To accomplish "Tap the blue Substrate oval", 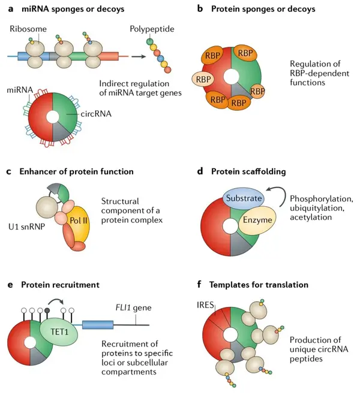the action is [244, 198].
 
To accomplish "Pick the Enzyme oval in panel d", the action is [257, 220].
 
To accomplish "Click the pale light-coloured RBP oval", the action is [203, 80].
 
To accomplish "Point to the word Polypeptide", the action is [152, 29].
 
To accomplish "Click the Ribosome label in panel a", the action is [28, 29].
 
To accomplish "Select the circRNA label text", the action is [96, 114].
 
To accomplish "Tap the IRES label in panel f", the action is [205, 305].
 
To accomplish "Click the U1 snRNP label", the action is [26, 227].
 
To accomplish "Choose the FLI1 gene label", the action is [133, 307].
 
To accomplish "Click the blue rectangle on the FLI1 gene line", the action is [98, 325].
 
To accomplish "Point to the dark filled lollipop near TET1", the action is [47, 310].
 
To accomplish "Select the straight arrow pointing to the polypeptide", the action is [139, 56].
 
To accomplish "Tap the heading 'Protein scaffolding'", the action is [248, 171].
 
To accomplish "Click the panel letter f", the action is [199, 284].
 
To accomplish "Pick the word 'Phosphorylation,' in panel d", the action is [321, 199].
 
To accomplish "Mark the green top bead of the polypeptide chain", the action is [150, 41].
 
